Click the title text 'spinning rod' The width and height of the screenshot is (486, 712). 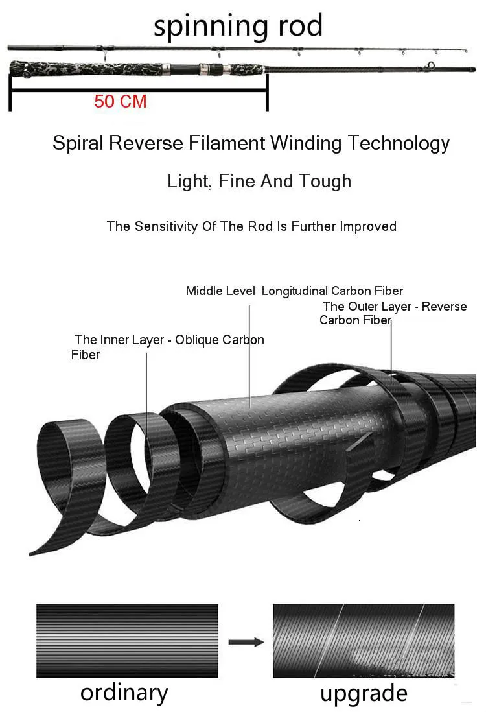[238, 26]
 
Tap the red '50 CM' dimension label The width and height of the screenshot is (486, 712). [121, 102]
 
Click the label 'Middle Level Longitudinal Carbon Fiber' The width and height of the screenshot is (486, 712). [294, 291]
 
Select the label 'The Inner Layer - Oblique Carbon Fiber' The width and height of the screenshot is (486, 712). [167, 347]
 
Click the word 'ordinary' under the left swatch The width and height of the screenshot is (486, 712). [124, 693]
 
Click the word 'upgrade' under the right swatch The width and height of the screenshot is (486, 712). [364, 693]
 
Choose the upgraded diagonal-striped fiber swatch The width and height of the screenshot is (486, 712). [363, 641]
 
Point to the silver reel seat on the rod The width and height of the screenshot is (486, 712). [207, 67]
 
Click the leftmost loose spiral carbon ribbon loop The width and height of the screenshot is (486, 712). [62, 467]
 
